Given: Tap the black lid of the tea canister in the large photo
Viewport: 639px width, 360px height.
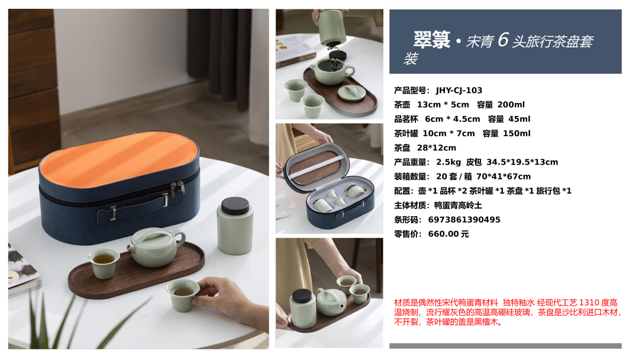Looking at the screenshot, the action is tap(235, 206).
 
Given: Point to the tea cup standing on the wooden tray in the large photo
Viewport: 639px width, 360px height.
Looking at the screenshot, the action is tap(104, 263).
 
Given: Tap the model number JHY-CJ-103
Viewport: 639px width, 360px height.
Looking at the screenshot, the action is tap(459, 91).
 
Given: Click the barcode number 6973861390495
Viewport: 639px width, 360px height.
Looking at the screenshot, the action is tap(464, 220).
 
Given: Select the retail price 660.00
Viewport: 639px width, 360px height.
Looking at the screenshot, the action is tap(443, 234).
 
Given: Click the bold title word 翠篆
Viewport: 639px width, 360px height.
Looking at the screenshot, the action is tap(432, 40).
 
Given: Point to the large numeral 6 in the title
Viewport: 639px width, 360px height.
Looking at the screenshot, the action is tap(503, 40).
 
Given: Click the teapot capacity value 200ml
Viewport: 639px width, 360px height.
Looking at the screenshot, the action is tap(511, 105).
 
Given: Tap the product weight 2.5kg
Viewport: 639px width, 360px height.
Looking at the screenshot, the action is tap(448, 162).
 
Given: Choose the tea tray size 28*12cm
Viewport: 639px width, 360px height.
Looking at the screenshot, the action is tap(437, 148).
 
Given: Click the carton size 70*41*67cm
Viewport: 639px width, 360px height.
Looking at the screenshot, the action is tap(504, 176).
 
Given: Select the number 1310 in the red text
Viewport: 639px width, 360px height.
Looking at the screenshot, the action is tap(589, 303).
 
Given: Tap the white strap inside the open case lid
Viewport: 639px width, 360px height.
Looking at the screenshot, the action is tap(317, 166).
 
